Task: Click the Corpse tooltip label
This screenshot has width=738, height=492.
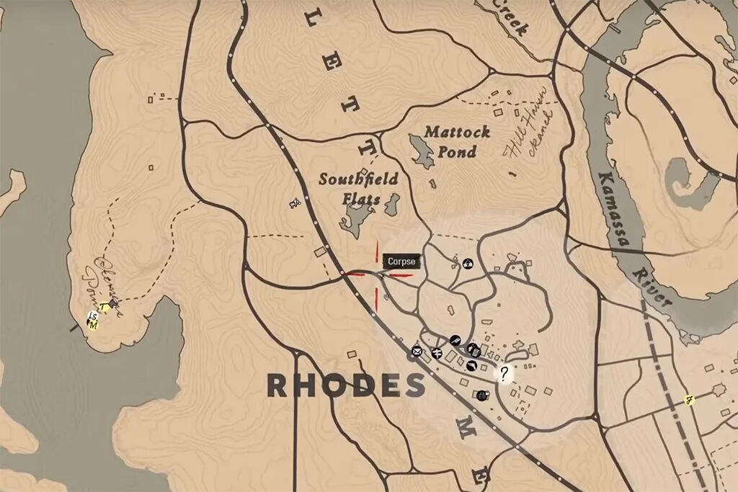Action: (401, 261)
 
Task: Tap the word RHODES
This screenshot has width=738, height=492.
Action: (346, 385)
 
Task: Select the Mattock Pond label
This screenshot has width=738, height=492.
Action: (457, 142)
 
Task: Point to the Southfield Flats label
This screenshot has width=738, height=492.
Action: (358, 188)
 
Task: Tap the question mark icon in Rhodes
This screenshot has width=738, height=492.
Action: (504, 372)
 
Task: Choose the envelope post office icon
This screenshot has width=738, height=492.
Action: (417, 351)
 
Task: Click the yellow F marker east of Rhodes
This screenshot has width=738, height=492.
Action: (690, 399)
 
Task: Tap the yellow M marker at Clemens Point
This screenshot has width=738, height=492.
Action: (93, 324)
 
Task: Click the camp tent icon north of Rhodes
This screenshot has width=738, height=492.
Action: (468, 264)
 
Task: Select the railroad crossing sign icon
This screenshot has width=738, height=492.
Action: (437, 352)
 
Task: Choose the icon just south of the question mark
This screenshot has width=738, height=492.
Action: (483, 395)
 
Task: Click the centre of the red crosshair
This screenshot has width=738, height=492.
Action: (377, 274)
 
